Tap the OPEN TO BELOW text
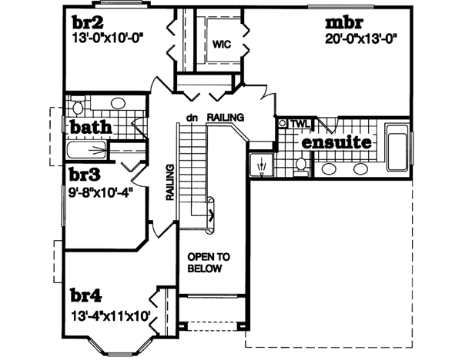point(204,262)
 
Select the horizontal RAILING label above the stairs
point(225,118)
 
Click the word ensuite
point(336,143)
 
